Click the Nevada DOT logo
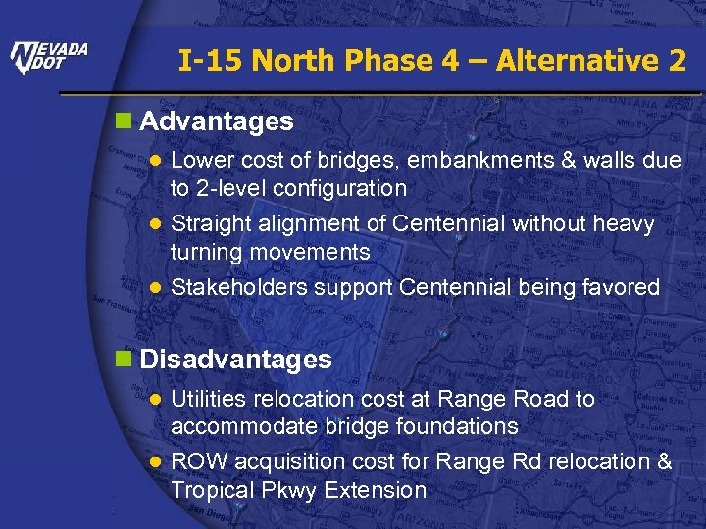(49, 58)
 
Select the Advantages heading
(217, 121)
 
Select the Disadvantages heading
(236, 359)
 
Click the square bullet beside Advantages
(124, 122)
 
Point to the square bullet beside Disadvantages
(124, 360)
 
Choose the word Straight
(211, 224)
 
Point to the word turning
(209, 252)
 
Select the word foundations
(457, 426)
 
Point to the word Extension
(378, 489)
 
